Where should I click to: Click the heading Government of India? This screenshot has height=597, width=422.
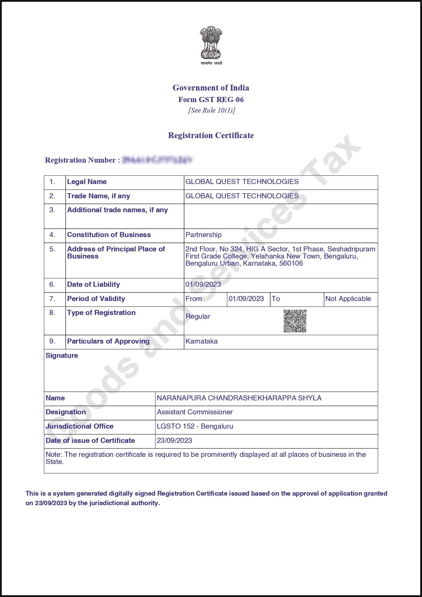point(211,88)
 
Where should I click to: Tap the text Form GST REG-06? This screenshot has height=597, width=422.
point(211,100)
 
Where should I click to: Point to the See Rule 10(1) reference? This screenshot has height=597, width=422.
point(211,110)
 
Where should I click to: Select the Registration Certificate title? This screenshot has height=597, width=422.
point(211,135)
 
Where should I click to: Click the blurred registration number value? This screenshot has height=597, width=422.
point(157,160)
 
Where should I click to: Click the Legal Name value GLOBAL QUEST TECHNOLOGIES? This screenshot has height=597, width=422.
point(242,182)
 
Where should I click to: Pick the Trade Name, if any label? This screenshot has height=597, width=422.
point(98,196)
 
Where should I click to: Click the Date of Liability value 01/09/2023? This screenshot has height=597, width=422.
point(203,284)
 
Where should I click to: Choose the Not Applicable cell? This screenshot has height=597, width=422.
point(348,299)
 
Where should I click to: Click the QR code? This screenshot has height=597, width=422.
point(295,321)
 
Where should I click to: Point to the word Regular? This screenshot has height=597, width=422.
point(198,316)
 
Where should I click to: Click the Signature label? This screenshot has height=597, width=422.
point(62,355)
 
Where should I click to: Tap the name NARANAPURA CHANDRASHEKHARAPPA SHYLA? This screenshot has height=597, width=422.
point(239,398)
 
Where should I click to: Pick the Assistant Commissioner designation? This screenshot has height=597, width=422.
point(195,412)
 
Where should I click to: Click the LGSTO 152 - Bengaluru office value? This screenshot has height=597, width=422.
point(195,426)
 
